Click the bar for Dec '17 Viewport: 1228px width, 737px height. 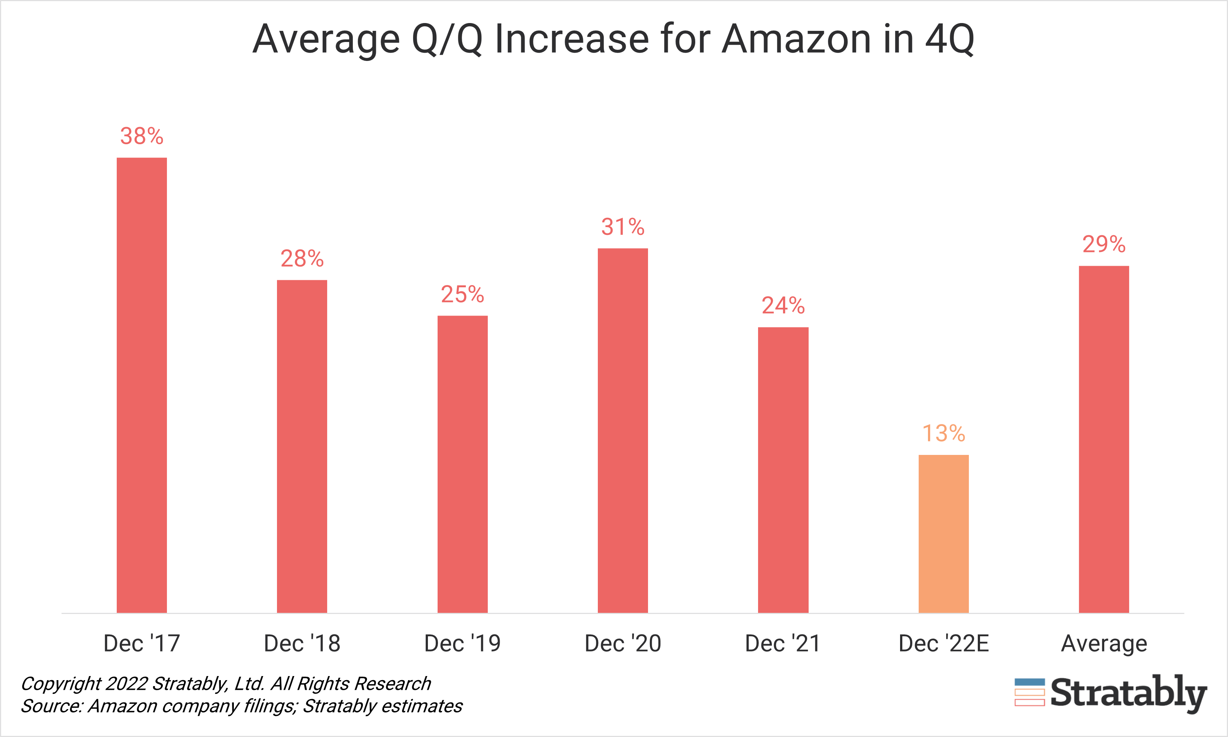pyautogui.click(x=142, y=385)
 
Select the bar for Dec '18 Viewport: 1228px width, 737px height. pyautogui.click(x=302, y=446)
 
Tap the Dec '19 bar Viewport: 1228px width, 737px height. pyautogui.click(x=462, y=464)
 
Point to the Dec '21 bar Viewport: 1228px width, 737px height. pyautogui.click(x=783, y=470)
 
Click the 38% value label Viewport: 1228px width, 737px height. pyautogui.click(x=142, y=136)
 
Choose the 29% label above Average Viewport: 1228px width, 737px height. pyautogui.click(x=1104, y=244)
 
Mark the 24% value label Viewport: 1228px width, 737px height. pyautogui.click(x=783, y=306)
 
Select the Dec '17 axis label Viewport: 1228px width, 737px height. pyautogui.click(x=142, y=644)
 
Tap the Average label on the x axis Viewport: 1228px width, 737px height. pyautogui.click(x=1104, y=644)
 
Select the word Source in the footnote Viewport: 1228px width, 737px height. pyautogui.click(x=51, y=706)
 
